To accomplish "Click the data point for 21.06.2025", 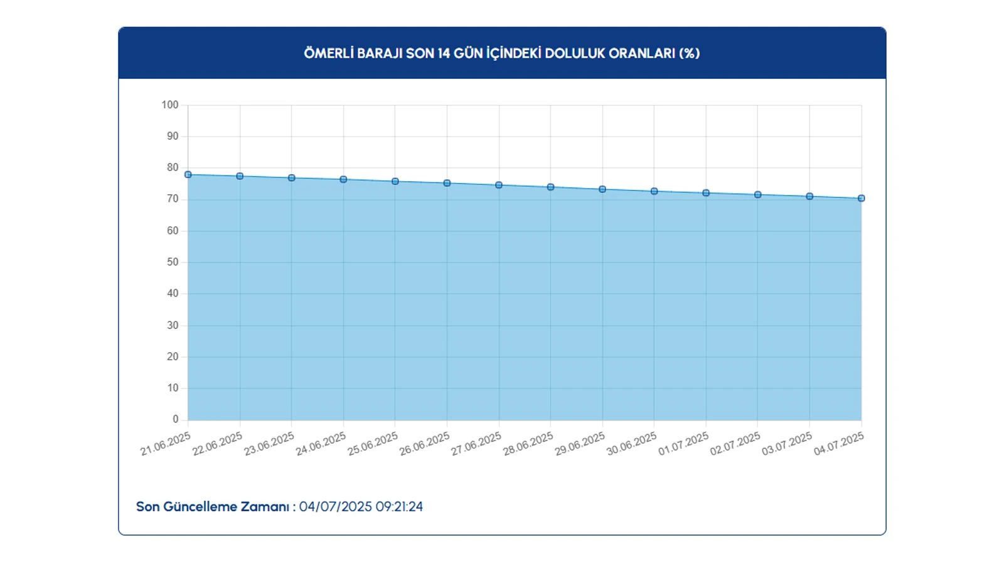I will (x=188, y=175).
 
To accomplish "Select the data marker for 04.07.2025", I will (x=861, y=198).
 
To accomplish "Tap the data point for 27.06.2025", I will (x=499, y=185).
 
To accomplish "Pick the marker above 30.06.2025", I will (x=654, y=191).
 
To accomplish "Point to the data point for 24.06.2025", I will (x=343, y=179).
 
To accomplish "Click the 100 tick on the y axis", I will (x=170, y=105).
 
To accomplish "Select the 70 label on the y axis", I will (x=173, y=199).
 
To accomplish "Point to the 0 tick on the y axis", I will (x=176, y=419).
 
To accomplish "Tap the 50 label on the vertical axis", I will (x=173, y=262).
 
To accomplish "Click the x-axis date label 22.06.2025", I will (x=217, y=444).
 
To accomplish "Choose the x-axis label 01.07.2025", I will (x=683, y=444).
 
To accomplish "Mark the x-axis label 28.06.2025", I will (x=528, y=444).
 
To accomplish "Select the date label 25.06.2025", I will (x=373, y=444).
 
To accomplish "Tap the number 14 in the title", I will (x=444, y=53).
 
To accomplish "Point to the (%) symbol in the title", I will (x=689, y=53).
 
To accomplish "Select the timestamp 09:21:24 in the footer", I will (x=399, y=506).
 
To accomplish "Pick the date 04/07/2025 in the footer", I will (x=335, y=506).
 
